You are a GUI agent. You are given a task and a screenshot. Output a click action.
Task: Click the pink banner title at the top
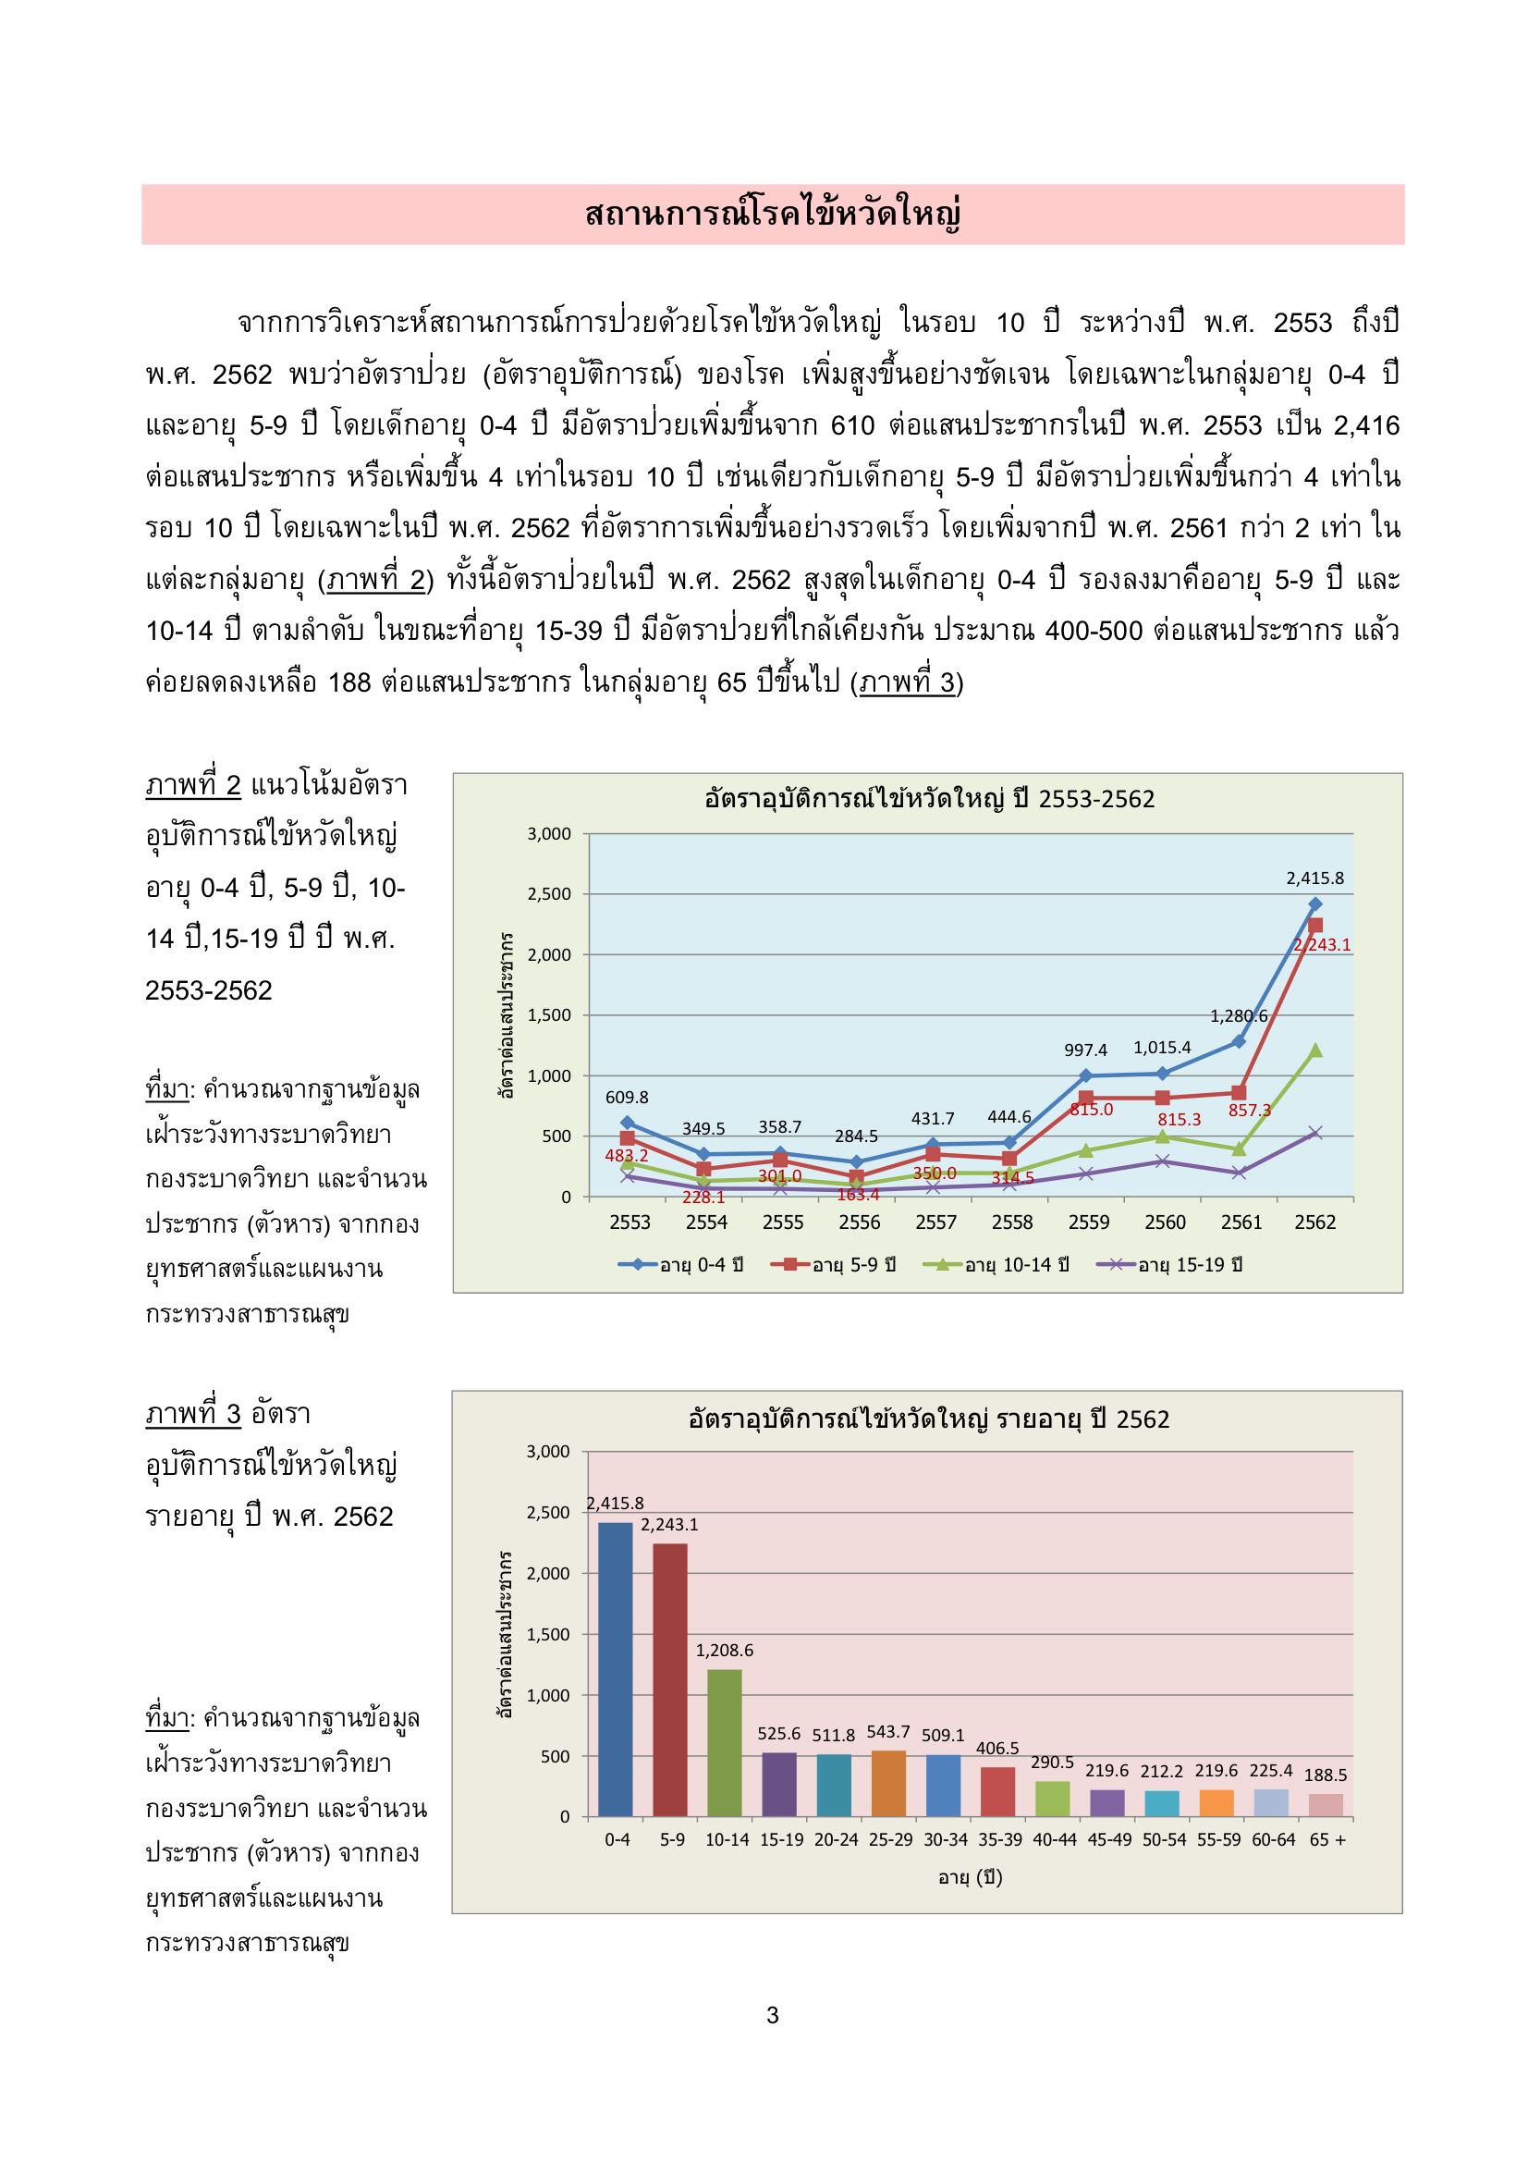point(772,214)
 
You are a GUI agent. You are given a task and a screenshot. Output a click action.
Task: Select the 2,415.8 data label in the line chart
point(1314,878)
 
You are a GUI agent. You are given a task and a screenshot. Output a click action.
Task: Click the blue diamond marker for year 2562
point(1314,904)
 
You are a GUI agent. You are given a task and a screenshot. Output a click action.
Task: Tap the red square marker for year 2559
point(1085,1098)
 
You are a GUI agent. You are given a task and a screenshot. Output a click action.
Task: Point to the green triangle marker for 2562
point(1315,1050)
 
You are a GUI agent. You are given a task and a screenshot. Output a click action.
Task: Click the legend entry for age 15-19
point(1170,1265)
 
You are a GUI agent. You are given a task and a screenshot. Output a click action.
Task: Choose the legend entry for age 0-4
point(680,1265)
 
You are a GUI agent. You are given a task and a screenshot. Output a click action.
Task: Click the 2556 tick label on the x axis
point(859,1222)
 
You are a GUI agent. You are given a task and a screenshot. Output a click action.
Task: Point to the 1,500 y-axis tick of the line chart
point(549,1015)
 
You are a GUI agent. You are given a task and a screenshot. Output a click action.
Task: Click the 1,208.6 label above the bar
point(724,1650)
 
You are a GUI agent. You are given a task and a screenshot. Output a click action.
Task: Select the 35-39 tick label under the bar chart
point(999,1839)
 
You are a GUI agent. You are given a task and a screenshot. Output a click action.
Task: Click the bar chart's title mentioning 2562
point(928,1419)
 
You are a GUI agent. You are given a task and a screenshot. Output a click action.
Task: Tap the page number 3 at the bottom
point(772,2015)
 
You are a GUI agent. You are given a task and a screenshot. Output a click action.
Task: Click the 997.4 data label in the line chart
point(1085,1050)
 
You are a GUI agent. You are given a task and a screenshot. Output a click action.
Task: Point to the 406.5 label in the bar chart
point(997,1748)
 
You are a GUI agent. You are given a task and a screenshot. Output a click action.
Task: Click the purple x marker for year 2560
point(1163,1161)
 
